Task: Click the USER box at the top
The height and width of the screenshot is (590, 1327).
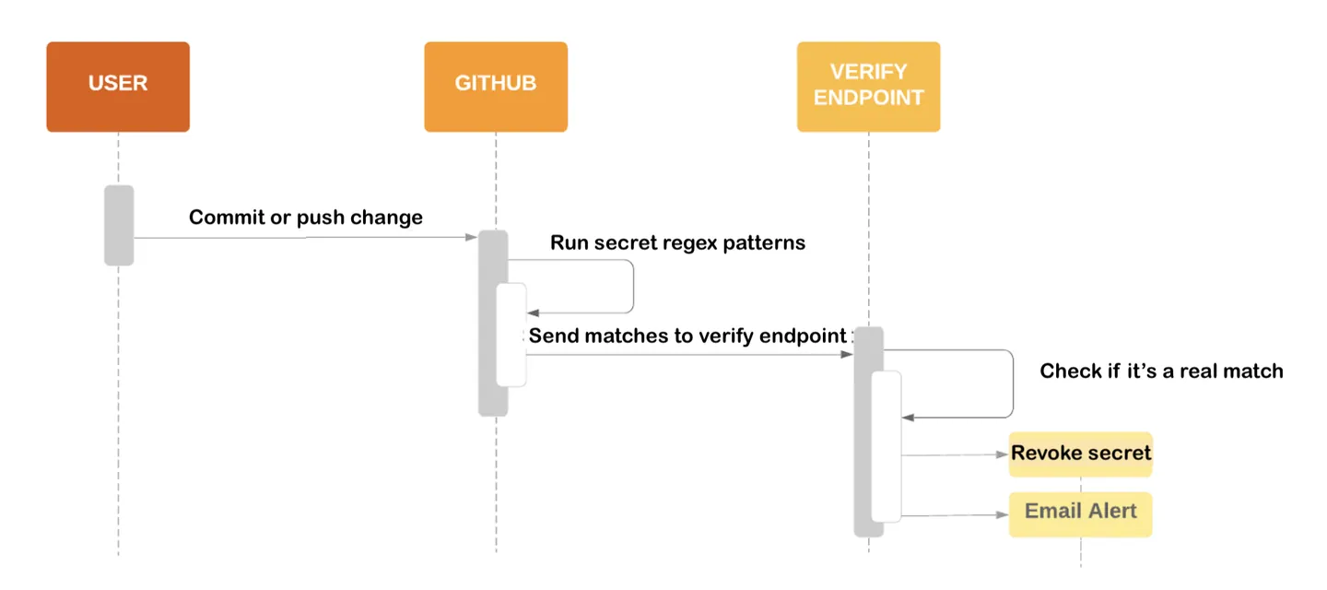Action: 118,87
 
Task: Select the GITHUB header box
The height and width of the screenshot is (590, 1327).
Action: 496,87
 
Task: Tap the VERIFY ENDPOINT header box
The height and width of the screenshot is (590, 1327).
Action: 868,87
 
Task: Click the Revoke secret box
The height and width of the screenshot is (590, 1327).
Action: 1080,454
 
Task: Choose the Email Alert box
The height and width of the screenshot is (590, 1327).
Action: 1080,512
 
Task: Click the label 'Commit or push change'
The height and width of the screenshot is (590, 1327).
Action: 306,218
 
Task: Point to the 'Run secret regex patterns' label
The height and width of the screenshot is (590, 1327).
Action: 677,243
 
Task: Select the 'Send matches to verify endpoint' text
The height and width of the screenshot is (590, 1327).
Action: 687,336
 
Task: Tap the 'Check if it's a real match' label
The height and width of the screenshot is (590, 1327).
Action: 1161,371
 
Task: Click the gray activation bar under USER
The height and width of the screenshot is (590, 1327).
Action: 119,225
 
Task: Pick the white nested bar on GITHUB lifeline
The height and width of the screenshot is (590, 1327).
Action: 511,335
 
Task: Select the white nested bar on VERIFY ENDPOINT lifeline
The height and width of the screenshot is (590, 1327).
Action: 887,446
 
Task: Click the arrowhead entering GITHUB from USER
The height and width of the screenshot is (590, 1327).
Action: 472,238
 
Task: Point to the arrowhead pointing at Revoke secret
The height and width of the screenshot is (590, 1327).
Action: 1004,454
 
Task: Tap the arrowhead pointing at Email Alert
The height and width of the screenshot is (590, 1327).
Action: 1004,516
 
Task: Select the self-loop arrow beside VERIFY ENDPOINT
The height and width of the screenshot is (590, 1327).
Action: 1013,383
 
